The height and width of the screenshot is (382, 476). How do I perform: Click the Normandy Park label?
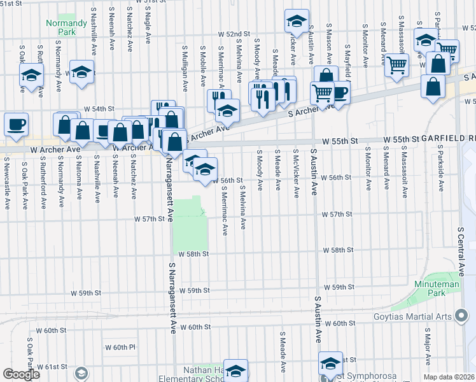pyautogui.click(x=66, y=27)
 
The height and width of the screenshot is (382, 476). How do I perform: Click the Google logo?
pyautogui.click(x=21, y=374)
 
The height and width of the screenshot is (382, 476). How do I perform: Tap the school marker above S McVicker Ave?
pyautogui.click(x=296, y=22)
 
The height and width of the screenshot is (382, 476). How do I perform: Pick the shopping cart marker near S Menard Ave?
pyautogui.click(x=396, y=64)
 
